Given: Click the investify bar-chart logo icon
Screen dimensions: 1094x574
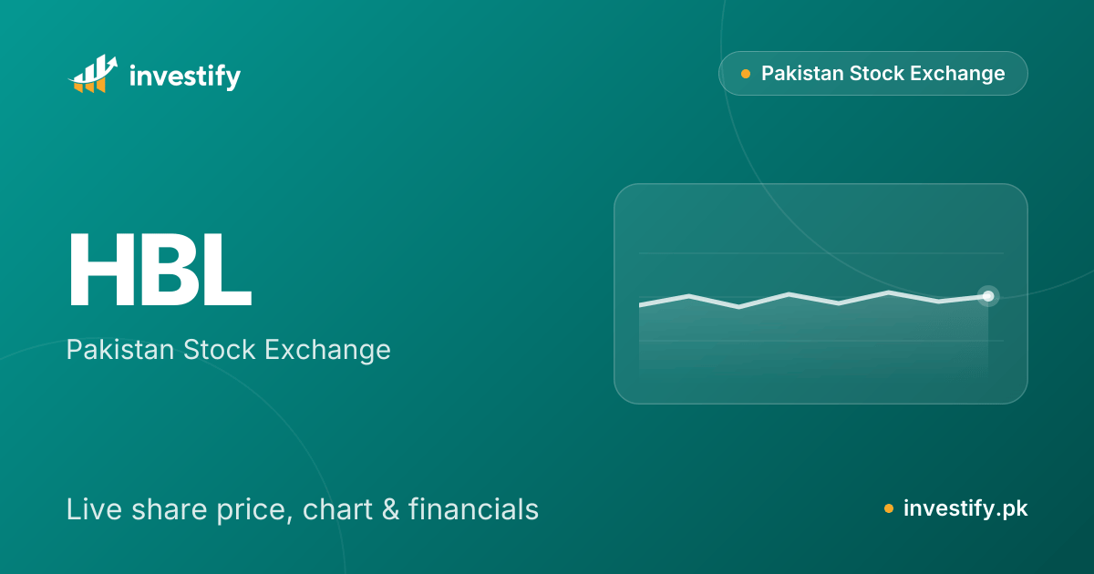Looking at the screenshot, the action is [93, 74].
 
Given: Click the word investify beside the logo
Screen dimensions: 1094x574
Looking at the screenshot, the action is [185, 77].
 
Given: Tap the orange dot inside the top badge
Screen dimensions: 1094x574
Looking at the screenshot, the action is [746, 74].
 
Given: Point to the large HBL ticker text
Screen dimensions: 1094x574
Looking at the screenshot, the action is [160, 269].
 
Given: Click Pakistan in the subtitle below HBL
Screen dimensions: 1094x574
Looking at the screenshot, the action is [120, 350].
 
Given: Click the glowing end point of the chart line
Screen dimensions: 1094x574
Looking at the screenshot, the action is [988, 296].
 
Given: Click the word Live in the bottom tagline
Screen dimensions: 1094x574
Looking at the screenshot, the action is [95, 509].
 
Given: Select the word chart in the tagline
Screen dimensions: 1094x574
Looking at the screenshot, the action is [337, 509].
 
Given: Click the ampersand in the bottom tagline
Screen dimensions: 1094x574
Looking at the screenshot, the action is [390, 509].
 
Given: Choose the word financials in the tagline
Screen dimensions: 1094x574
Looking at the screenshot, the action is [473, 509].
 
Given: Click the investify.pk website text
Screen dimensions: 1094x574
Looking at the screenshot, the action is [965, 508].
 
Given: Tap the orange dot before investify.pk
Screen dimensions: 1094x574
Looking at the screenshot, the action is [889, 509].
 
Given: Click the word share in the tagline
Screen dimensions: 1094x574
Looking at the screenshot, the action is [170, 509].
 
